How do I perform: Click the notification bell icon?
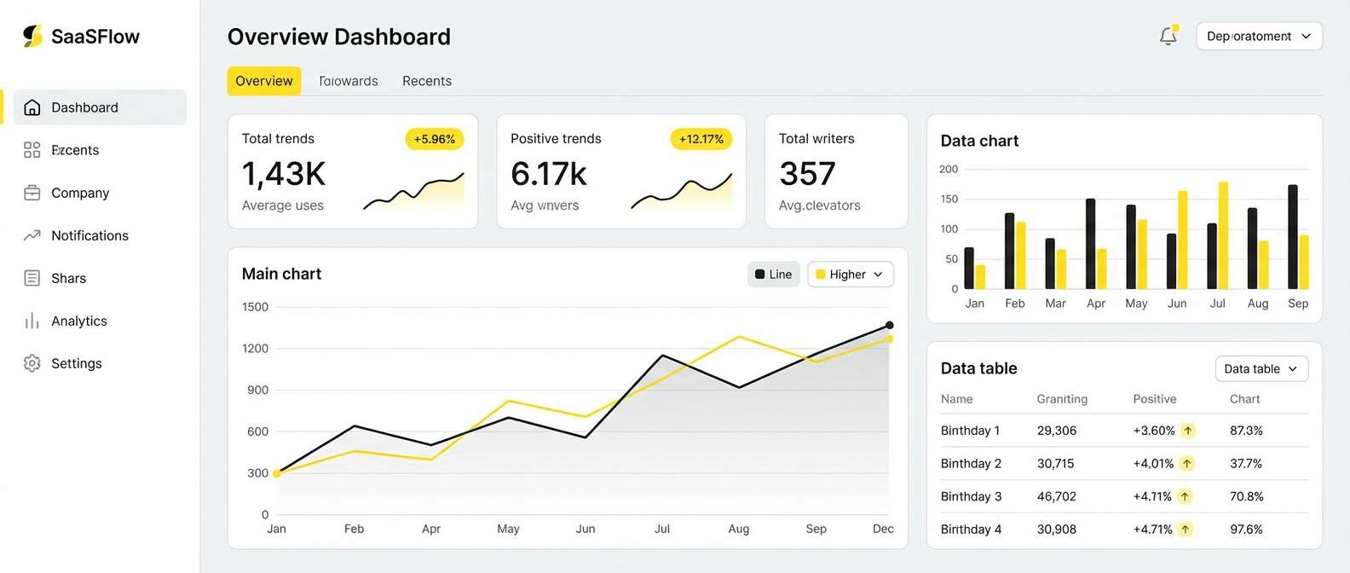coord(1168,36)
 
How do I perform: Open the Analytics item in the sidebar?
coord(78,321)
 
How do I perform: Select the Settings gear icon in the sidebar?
coord(32,363)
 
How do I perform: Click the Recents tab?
coord(426,81)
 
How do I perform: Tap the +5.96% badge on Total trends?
coord(434,139)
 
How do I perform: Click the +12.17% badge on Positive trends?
coord(701,139)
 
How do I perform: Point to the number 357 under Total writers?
coord(807,174)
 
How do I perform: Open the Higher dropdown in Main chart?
coord(850,275)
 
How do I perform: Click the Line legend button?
coord(773,275)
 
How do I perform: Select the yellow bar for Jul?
coord(1223,235)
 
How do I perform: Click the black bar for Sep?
coord(1293,237)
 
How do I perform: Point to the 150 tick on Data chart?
coord(949,199)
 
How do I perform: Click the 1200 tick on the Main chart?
coord(255,348)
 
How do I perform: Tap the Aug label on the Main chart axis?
coord(738,529)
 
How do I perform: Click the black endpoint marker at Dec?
coord(889,325)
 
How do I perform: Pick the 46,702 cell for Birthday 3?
coord(1056,496)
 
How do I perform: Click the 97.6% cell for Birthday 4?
coord(1245,530)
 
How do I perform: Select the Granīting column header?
coord(1061,399)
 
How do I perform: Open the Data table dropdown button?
coord(1261,368)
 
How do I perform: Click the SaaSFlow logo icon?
coord(32,36)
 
